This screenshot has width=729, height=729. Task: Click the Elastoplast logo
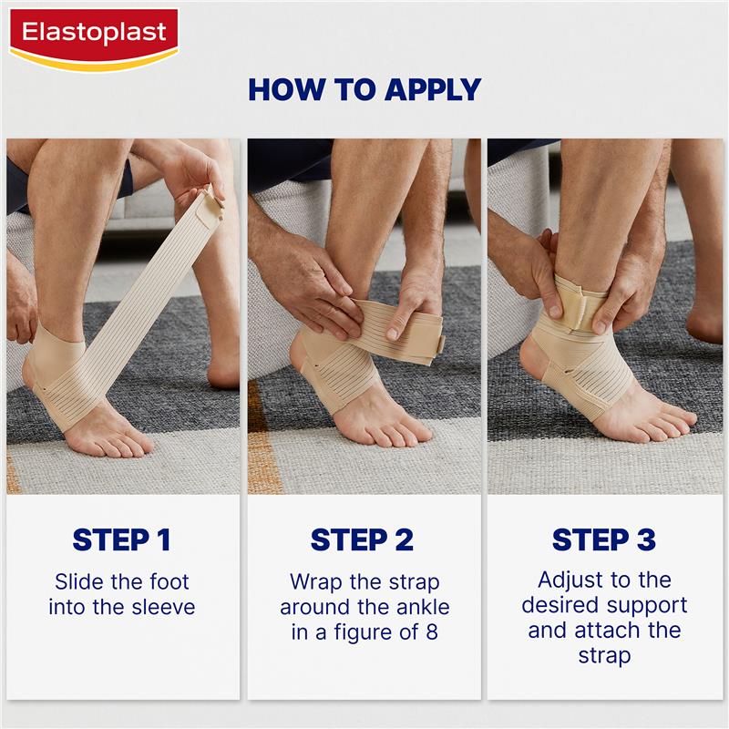94,39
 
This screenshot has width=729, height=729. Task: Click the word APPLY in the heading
433,89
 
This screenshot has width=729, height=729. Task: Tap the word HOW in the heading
278,89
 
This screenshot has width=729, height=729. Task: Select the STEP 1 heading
122,539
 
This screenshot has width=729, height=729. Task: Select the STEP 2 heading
362,539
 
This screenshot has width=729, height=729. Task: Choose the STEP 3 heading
604,539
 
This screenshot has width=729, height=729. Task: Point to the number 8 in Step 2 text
432,632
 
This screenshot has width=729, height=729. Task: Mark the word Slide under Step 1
79,581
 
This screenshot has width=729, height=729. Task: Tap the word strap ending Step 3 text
604,656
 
